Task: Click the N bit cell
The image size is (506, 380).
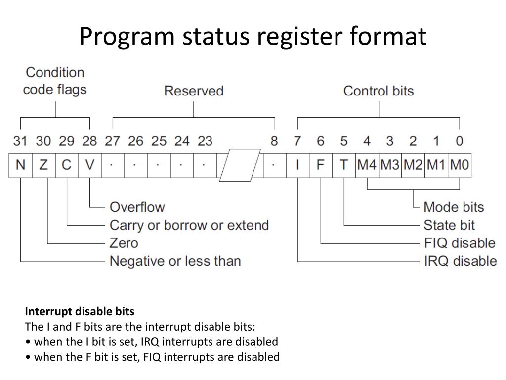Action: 20,165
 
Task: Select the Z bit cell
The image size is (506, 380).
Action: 43,165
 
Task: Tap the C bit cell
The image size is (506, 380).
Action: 66,165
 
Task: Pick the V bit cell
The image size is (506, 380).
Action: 89,165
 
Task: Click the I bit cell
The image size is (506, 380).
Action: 297,165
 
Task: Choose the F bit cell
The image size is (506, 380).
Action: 321,165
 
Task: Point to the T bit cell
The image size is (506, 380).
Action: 344,165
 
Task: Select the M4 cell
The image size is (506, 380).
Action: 367,165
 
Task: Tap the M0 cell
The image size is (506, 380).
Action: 460,165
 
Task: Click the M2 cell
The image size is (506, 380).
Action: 413,165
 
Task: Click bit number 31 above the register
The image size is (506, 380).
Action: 20,141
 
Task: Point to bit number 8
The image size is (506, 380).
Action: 274,141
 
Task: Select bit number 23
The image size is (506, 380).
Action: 205,141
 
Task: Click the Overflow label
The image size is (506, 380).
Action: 137,207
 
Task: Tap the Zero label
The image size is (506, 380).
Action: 124,243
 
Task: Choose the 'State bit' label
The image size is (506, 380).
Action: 449,225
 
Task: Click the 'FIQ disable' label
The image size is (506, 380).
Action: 460,243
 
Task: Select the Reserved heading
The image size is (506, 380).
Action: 194,91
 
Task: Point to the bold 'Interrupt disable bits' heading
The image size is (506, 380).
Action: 80,312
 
